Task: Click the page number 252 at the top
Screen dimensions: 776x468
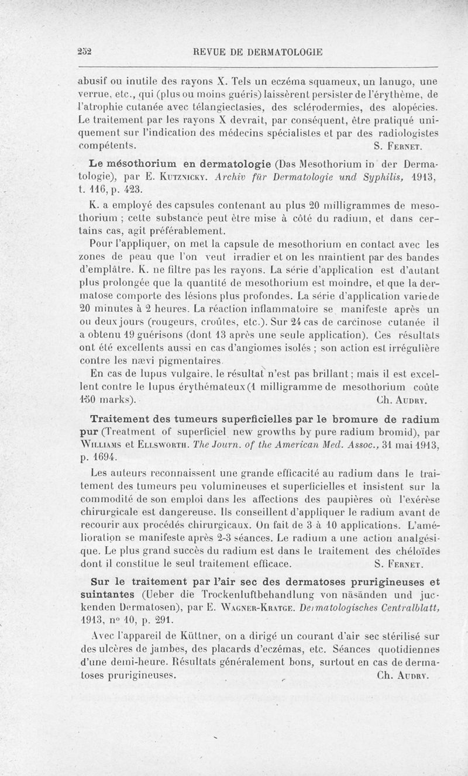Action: (86, 51)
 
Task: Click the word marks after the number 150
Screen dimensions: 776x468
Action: (114, 401)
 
